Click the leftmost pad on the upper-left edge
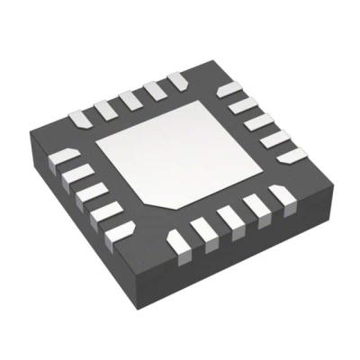83,116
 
